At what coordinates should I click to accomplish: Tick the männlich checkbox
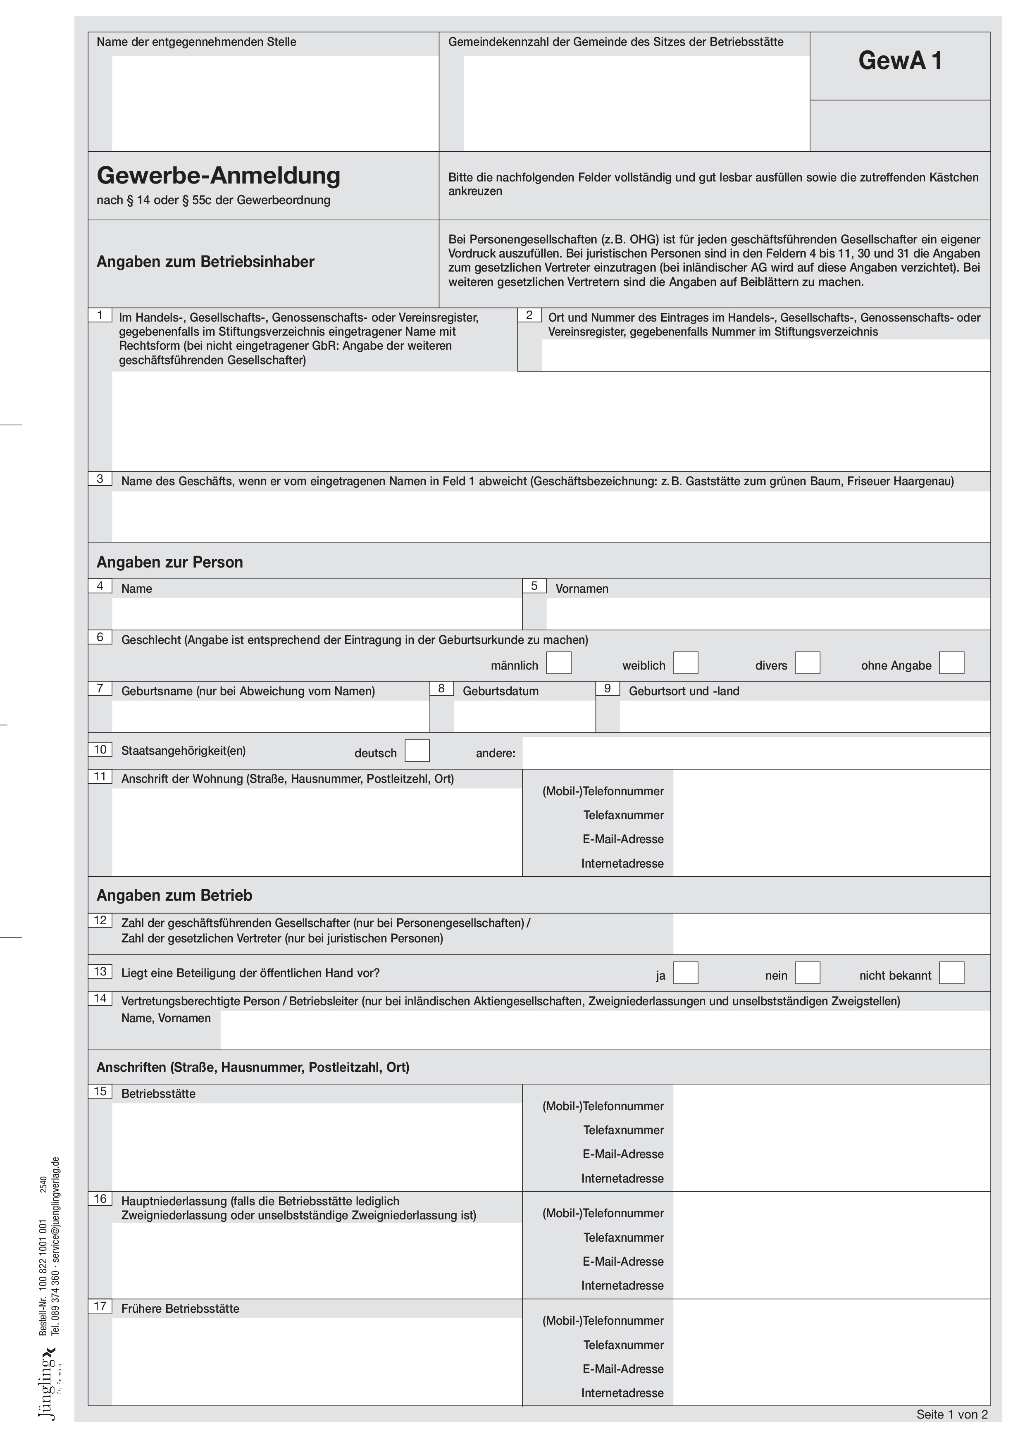click(x=558, y=663)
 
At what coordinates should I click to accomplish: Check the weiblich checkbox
click(x=685, y=663)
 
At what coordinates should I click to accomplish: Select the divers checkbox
click(x=807, y=663)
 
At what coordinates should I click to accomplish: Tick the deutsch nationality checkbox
click(x=417, y=751)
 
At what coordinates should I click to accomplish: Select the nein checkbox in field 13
click(x=807, y=973)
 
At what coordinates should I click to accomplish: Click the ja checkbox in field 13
click(x=685, y=973)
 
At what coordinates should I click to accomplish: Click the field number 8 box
click(x=441, y=688)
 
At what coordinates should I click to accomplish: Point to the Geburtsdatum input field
click(x=524, y=716)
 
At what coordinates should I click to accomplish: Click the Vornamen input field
click(x=768, y=613)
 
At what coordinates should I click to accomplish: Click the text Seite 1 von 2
click(x=951, y=1414)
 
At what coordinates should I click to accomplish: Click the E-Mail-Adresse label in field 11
click(x=623, y=839)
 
